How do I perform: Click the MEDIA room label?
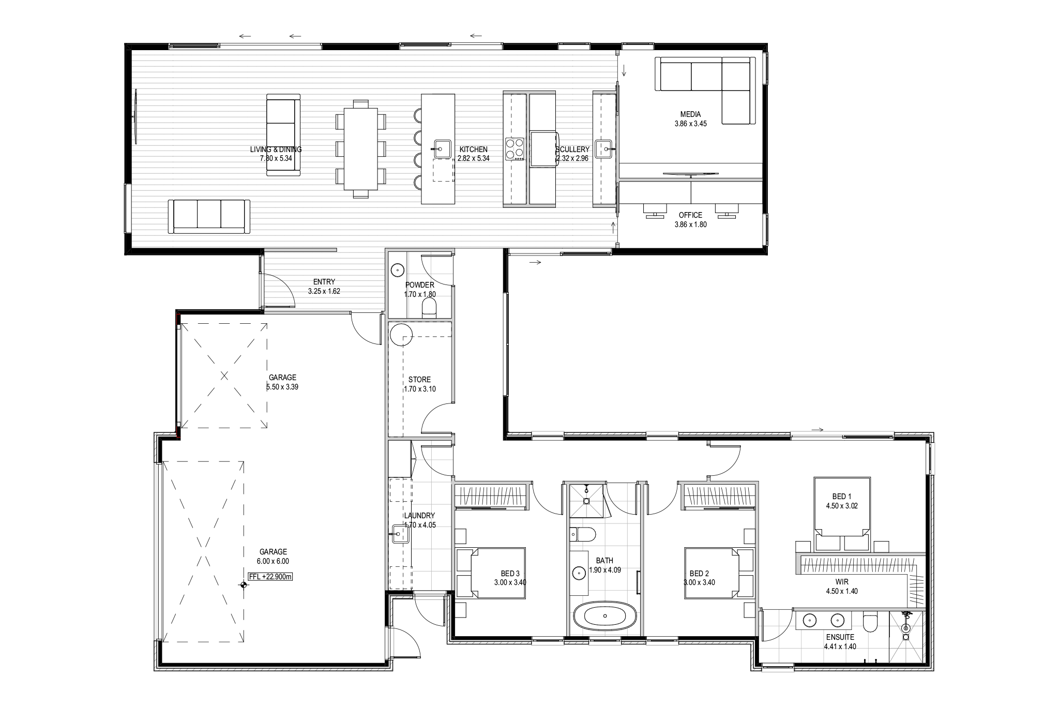coord(690,114)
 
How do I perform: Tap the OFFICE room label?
coord(690,215)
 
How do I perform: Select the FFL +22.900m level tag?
coord(270,577)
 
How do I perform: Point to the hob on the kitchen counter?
coord(515,148)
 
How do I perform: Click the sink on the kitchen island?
coord(442,149)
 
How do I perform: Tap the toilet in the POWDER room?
coord(429,309)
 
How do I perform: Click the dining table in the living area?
coord(361,148)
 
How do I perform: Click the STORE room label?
coord(419,380)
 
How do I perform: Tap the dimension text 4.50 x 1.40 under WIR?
coord(842,591)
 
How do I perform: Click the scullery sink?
coord(603,149)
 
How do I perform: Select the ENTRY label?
coord(324,282)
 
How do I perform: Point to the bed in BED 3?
coord(491,573)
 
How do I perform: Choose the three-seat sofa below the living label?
coord(209,217)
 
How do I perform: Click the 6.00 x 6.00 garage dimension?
coord(273,561)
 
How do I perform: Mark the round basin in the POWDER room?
coord(397,269)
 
